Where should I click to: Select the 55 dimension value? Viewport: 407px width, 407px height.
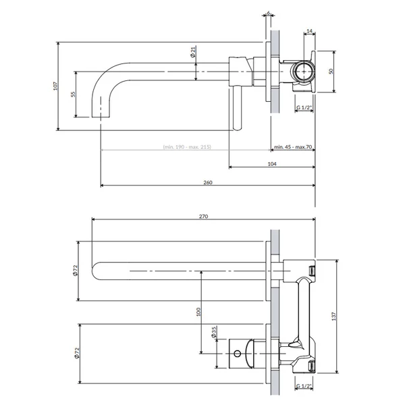(73, 95)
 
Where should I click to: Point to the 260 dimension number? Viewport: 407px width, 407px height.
(207, 187)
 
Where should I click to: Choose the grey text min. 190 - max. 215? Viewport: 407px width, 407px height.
(186, 146)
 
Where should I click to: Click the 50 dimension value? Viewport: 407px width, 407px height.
(331, 71)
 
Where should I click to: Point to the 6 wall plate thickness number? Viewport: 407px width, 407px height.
(269, 13)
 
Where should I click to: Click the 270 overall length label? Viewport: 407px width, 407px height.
(203, 216)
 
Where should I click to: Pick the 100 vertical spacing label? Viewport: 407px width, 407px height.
(198, 312)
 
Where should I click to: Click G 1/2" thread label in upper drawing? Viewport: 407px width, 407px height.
(304, 108)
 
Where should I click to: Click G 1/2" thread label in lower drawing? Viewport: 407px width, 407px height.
(304, 387)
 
